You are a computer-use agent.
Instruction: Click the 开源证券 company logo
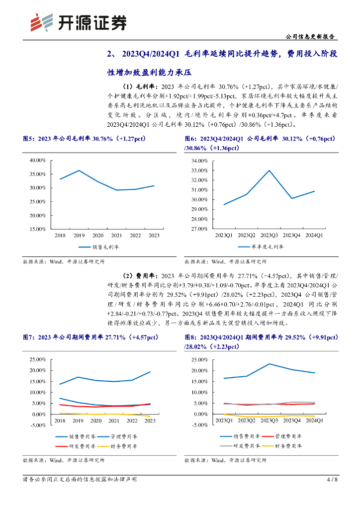click(77, 22)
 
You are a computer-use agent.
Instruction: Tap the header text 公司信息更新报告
click(311, 37)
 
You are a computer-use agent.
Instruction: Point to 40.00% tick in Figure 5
click(38, 161)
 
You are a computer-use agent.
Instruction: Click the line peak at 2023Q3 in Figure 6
click(270, 170)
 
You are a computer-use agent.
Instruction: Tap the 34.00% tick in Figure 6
click(199, 161)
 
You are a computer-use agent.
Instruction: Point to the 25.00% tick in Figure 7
click(38, 359)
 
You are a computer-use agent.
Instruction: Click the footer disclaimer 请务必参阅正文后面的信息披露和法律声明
click(80, 480)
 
